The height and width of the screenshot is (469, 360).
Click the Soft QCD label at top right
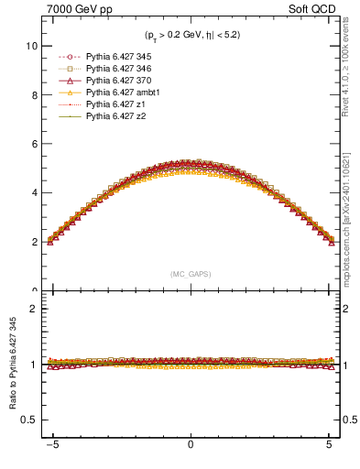coord(310,8)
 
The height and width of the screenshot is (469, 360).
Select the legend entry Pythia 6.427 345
coord(114,58)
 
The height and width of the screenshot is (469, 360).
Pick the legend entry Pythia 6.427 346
coord(114,70)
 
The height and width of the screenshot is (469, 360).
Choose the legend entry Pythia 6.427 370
coord(114,82)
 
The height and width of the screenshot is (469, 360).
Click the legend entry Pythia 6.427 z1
coord(111,105)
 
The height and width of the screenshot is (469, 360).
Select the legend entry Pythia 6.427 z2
coord(111,117)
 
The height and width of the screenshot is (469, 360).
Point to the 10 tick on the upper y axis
coord(30,45)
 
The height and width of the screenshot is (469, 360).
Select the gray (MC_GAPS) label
coord(191,274)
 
